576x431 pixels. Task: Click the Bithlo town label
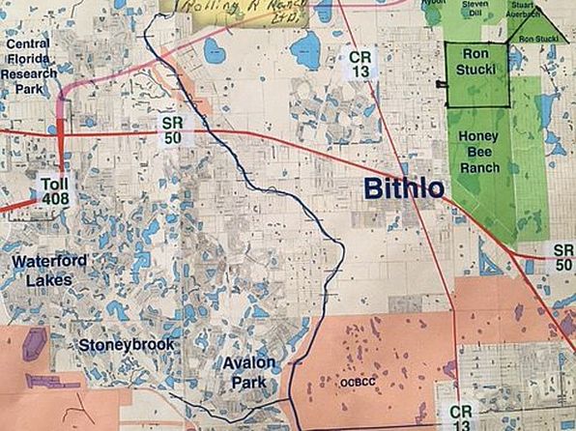[404, 188]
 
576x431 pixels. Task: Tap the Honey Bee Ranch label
[480, 152]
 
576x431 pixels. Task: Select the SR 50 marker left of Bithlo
[171, 129]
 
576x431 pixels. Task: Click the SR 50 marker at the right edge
[563, 257]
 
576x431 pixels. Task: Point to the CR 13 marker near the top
[359, 65]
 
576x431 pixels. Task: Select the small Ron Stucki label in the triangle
[538, 39]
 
